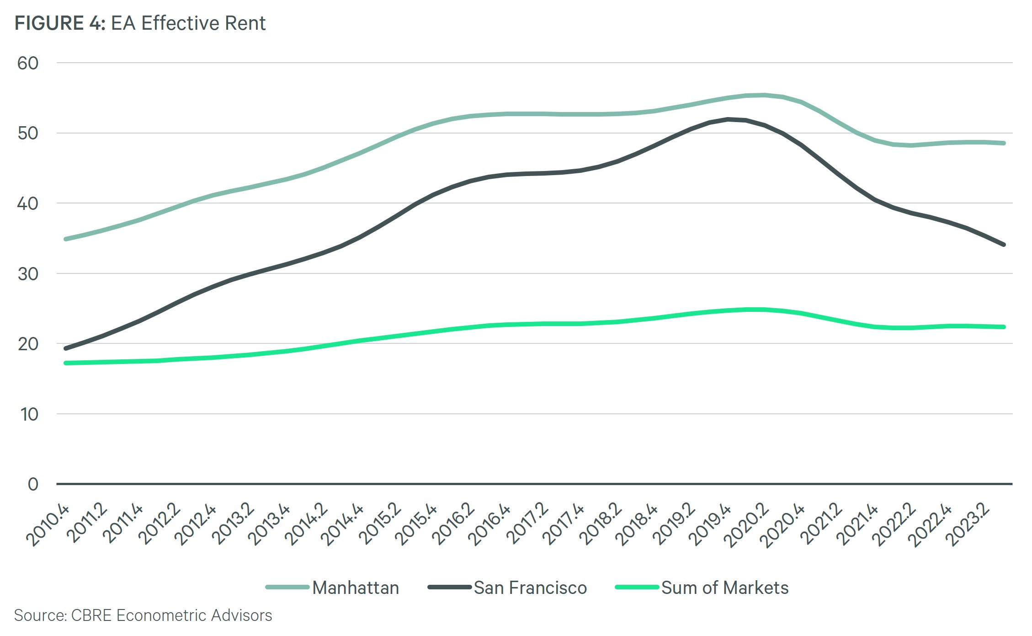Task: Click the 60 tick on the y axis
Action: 27,63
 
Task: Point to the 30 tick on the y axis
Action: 27,274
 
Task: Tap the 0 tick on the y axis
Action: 33,484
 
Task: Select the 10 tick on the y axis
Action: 29,414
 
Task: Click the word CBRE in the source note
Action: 91,615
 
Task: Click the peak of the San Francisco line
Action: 728,119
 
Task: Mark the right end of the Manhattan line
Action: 1004,143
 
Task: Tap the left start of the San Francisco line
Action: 66,348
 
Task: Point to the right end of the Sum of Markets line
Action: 1004,327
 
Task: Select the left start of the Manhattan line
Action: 66,239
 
